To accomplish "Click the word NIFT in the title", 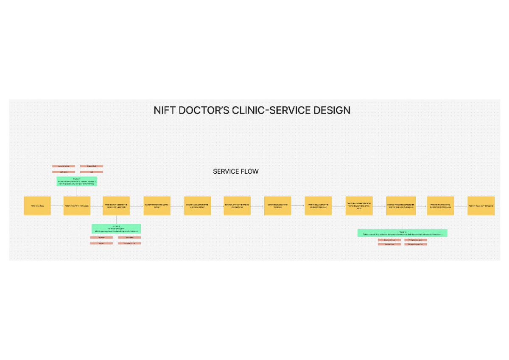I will (x=163, y=110).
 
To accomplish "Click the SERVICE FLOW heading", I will (x=235, y=172).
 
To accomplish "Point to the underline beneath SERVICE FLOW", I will (x=235, y=178).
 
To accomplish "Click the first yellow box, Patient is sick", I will (x=37, y=206).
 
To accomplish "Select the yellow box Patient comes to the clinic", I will (x=77, y=206).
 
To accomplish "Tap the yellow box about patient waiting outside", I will (x=116, y=206).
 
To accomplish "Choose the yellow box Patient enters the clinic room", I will (x=157, y=206).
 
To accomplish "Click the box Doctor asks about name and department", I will (x=197, y=206).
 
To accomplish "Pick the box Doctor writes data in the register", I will (x=237, y=206).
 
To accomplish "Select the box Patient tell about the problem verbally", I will (x=318, y=206).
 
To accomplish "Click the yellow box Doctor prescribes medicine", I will (x=401, y=206).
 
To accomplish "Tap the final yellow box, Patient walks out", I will (x=481, y=206).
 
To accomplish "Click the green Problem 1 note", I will (x=77, y=181).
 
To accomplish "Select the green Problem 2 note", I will (x=116, y=229).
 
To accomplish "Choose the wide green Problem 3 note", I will (x=402, y=233).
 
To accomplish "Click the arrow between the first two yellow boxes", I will (x=57, y=206).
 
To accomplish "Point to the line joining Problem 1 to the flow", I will (x=77, y=191).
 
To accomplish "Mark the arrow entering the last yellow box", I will (x=461, y=206).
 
